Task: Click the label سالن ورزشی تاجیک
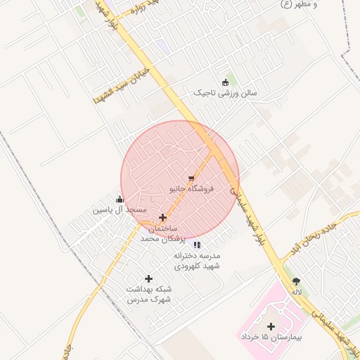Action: [x=226, y=93]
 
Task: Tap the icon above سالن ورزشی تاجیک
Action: [x=225, y=82]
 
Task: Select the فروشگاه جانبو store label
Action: [x=191, y=189]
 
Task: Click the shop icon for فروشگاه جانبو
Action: [x=191, y=179]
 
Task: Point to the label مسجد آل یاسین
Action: [x=120, y=210]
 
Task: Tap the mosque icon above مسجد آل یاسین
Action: [x=120, y=199]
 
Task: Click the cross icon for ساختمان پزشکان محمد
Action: [x=163, y=217]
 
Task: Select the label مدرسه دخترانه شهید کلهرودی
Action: [x=198, y=261]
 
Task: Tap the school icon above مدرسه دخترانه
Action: [x=198, y=245]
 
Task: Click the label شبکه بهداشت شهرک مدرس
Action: [x=148, y=294]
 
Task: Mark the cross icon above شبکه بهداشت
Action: [x=148, y=279]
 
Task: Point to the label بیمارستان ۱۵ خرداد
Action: [x=271, y=338]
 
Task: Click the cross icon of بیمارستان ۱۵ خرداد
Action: [x=271, y=326]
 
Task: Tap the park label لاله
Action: [x=297, y=292]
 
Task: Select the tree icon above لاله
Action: [x=296, y=281]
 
